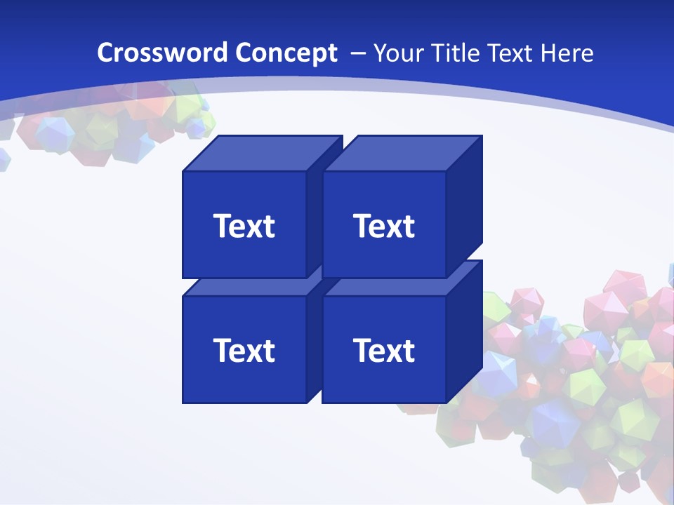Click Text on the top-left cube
coord(244,226)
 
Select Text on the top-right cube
coord(384,226)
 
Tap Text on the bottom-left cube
coord(244,350)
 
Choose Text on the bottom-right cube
coord(384,350)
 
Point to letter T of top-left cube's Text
coord(222,226)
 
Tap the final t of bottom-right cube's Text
coord(409,351)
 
